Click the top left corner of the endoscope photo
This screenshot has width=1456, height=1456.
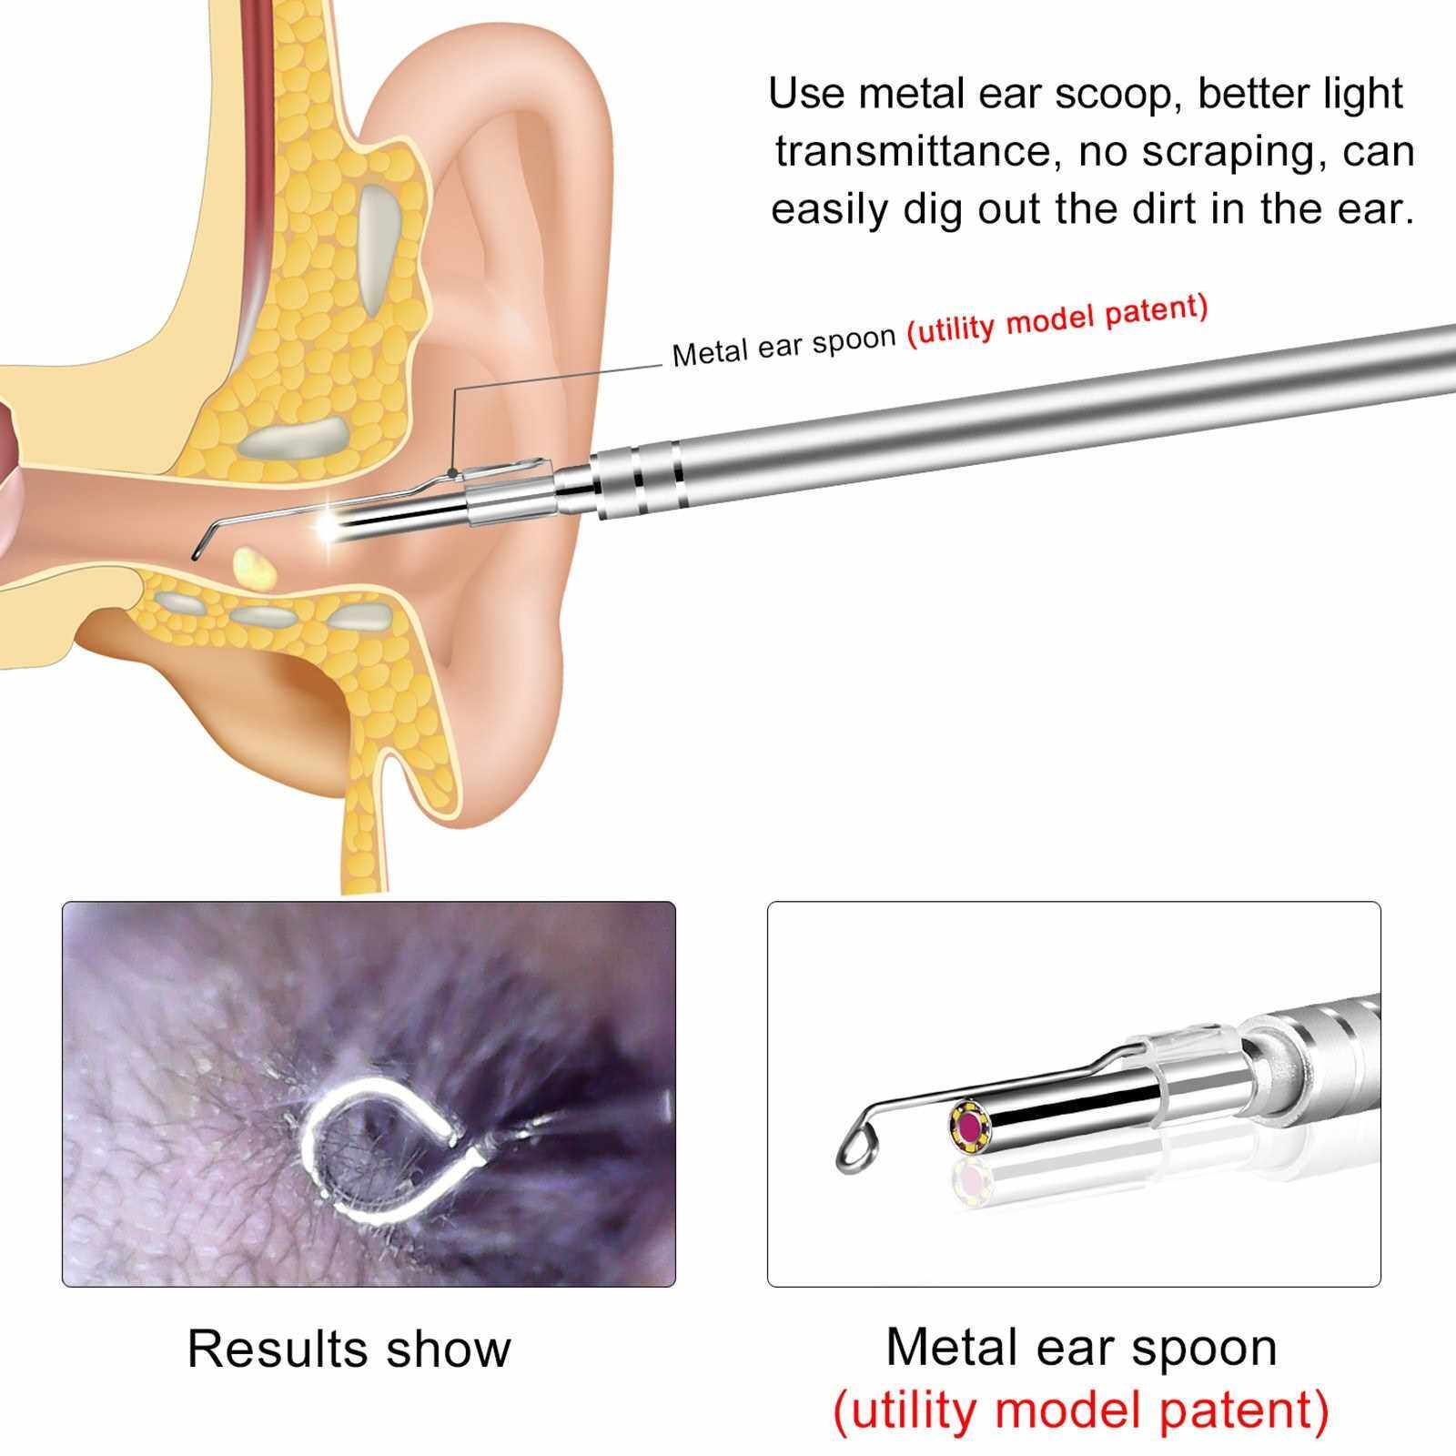point(63,903)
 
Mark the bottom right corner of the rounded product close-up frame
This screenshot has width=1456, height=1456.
point(1380,1286)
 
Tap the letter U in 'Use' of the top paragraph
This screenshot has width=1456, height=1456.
point(786,94)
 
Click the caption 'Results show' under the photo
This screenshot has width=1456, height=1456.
point(349,1349)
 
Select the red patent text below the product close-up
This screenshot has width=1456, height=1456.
point(1081,1410)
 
